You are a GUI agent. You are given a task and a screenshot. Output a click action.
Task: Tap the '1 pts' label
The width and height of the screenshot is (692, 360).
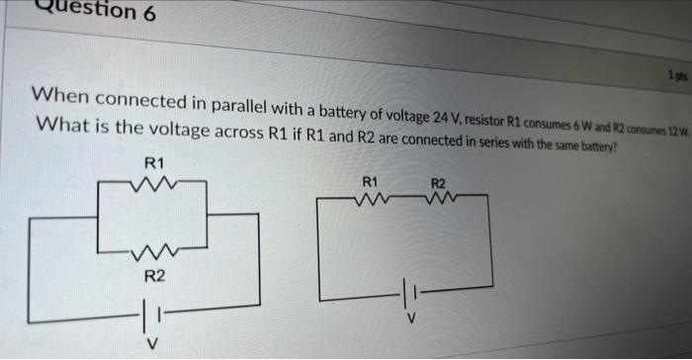tap(676, 75)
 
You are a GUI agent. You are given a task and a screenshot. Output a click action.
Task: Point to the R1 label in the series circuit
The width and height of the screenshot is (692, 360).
tap(370, 182)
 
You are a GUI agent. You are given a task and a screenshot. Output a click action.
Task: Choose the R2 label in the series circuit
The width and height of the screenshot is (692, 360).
tap(439, 183)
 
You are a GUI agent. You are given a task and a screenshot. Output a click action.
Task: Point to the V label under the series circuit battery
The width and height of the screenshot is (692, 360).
tap(415, 318)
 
